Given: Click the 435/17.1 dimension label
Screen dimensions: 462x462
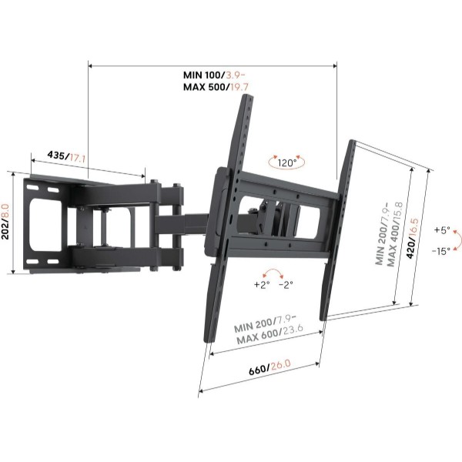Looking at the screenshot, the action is (x=66, y=156).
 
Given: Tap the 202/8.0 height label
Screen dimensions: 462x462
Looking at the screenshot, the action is (x=6, y=222).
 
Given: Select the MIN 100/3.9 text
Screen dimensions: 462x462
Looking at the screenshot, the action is (x=214, y=75).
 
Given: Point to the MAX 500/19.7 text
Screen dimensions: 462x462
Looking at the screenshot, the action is (x=216, y=87).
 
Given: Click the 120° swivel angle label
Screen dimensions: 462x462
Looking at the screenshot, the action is (x=287, y=162).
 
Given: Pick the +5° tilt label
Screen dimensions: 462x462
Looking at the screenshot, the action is (x=442, y=229).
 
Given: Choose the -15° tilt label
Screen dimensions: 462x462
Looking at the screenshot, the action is (x=441, y=251).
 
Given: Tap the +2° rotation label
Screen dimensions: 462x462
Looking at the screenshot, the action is (x=262, y=285).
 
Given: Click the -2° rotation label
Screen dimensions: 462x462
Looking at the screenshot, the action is (x=286, y=285).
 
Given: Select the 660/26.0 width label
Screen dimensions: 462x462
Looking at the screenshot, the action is (x=269, y=367).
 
